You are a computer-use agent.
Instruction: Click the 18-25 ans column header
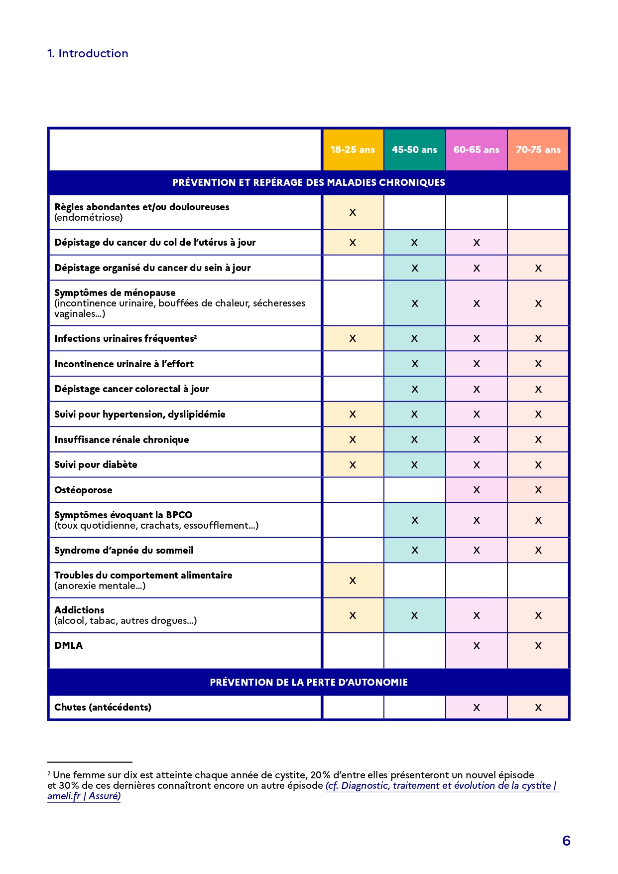tap(353, 149)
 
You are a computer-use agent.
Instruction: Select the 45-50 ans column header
tap(414, 149)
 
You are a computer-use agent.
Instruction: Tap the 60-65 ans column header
tap(476, 149)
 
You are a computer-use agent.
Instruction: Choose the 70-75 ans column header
tap(538, 149)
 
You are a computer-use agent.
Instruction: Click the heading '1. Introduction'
tap(88, 53)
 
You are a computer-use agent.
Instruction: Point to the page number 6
tap(566, 841)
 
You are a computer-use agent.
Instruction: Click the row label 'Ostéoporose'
tap(83, 490)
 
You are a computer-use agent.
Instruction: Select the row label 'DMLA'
tap(69, 645)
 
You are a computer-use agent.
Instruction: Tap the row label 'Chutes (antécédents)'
tap(103, 707)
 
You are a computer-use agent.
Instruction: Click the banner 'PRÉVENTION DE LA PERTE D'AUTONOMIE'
tap(309, 682)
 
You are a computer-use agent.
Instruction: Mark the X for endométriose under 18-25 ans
tap(353, 212)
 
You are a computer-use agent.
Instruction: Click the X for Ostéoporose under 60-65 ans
tap(477, 490)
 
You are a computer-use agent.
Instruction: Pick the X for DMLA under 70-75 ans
tap(538, 646)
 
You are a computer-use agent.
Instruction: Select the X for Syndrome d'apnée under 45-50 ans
tap(414, 550)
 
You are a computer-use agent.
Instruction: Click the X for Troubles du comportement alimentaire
tap(353, 581)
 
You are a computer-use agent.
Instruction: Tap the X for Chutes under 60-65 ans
tap(477, 708)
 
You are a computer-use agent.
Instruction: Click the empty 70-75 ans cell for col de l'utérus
tap(538, 243)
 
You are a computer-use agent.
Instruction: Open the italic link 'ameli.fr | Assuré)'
tap(84, 796)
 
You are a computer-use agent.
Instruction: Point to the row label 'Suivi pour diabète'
tap(96, 464)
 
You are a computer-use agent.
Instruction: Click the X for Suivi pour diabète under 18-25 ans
tap(353, 465)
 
